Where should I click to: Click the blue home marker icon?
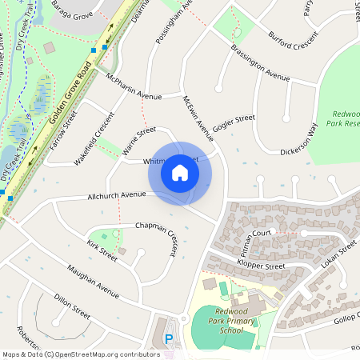180,172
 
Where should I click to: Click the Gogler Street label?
234,122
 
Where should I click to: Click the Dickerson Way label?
299,139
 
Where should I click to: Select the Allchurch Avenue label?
117,194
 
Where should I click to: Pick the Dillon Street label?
72,308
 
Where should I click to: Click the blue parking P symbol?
169,339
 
